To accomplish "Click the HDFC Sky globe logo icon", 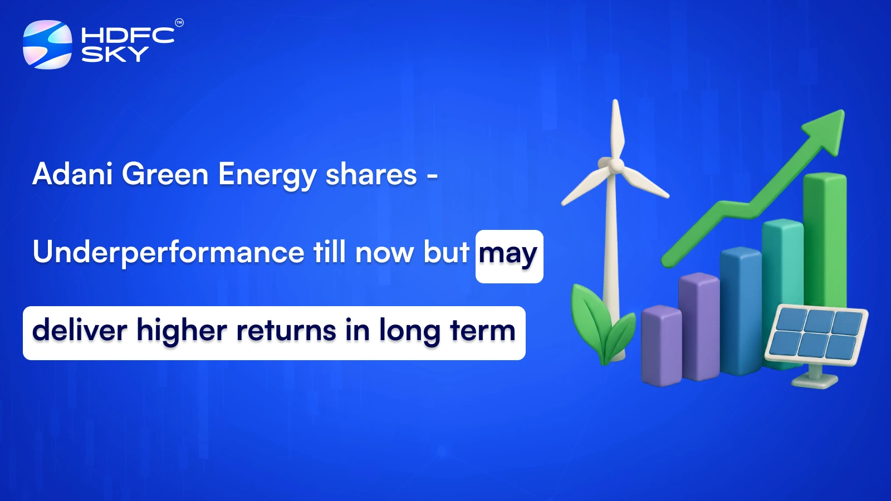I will click(47, 45).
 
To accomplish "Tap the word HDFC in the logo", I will click(128, 36).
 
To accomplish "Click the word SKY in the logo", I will click(115, 55).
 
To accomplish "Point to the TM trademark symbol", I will click(179, 23).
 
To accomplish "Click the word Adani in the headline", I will click(72, 174).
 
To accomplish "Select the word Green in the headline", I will click(165, 174).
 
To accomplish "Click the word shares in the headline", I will click(371, 174).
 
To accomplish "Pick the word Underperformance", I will click(168, 253).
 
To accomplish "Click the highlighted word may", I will click(508, 255).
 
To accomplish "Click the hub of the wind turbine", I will click(615, 165).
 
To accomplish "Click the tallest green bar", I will click(825, 239).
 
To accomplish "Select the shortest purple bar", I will click(661, 345).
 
